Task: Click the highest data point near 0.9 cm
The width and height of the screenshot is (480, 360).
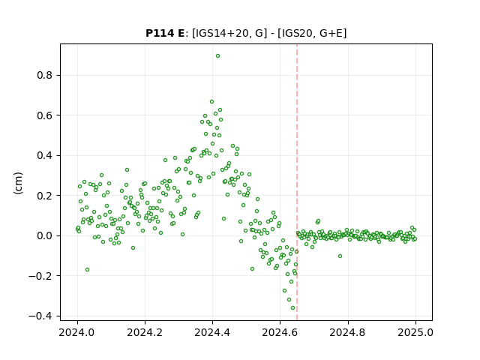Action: pyautogui.click(x=217, y=56)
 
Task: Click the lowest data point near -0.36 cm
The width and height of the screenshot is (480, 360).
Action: pyautogui.click(x=292, y=308)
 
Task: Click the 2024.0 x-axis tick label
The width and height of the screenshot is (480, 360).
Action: pyautogui.click(x=77, y=332)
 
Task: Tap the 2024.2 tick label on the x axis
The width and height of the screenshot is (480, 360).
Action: pyautogui.click(x=145, y=332)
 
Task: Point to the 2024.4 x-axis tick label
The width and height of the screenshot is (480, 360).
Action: pyautogui.click(x=212, y=332)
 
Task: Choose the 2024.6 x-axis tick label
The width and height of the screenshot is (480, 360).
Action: pyautogui.click(x=280, y=332)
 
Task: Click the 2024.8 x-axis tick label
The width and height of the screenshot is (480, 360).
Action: pyautogui.click(x=348, y=332)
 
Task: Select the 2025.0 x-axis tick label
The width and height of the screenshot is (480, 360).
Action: pyautogui.click(x=415, y=332)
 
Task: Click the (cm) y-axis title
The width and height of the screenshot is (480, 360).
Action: pyautogui.click(x=18, y=183)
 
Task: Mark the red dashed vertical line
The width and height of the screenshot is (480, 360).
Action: pyautogui.click(x=297, y=182)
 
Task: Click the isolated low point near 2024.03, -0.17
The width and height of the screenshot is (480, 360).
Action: pyautogui.click(x=87, y=270)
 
